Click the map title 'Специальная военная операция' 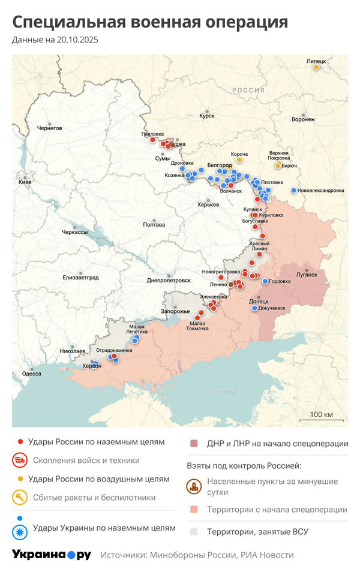[x=150, y=23]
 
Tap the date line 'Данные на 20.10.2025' [x=55, y=40]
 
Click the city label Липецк [x=316, y=61]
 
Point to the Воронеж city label [x=303, y=119]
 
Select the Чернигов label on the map [x=49, y=128]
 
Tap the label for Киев [x=25, y=182]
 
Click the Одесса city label [x=31, y=374]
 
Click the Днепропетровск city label [x=169, y=280]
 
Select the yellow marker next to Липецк [x=316, y=67]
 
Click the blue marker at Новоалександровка [x=293, y=191]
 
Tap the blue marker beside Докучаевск [x=254, y=308]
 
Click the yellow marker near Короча [x=239, y=160]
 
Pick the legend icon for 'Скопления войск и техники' [x=20, y=460]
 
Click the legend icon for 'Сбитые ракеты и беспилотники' [x=20, y=497]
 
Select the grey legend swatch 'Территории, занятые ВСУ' [x=194, y=531]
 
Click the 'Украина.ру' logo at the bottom [x=51, y=555]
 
